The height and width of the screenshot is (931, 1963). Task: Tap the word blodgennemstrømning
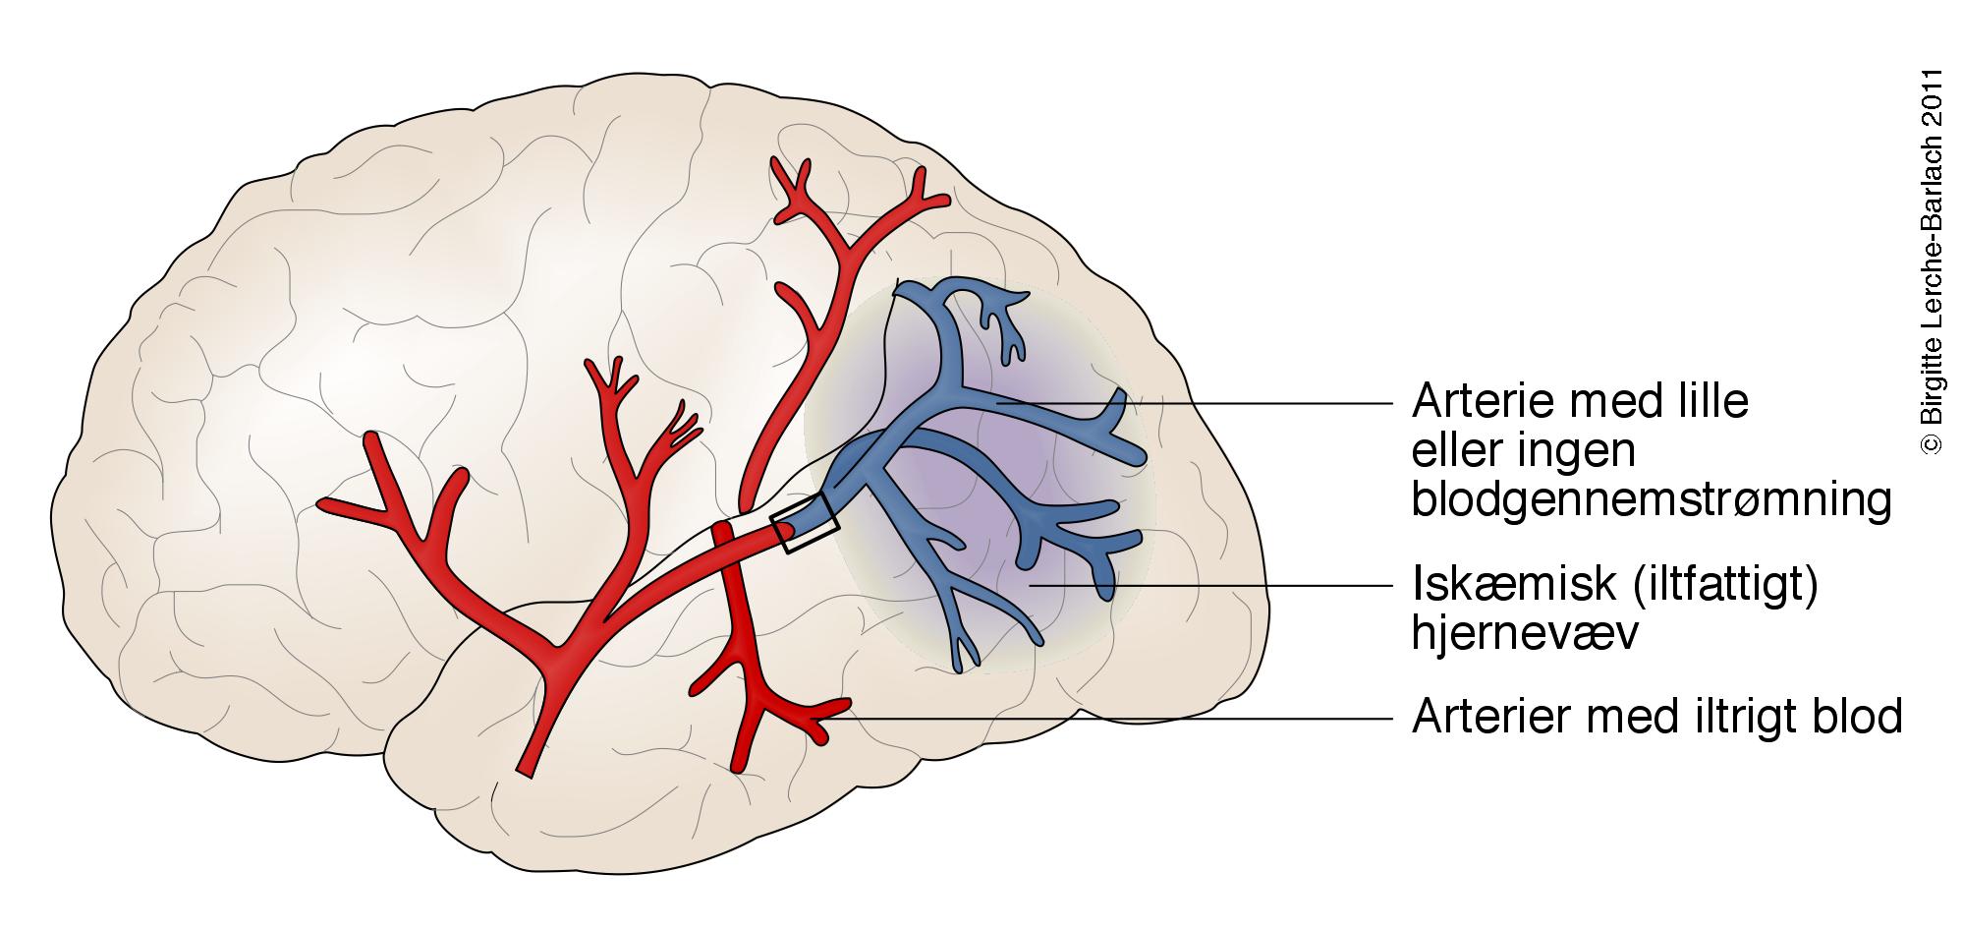(x=1652, y=500)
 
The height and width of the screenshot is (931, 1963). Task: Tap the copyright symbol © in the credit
(x=1932, y=444)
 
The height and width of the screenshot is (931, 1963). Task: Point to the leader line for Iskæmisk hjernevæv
(x=1208, y=585)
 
